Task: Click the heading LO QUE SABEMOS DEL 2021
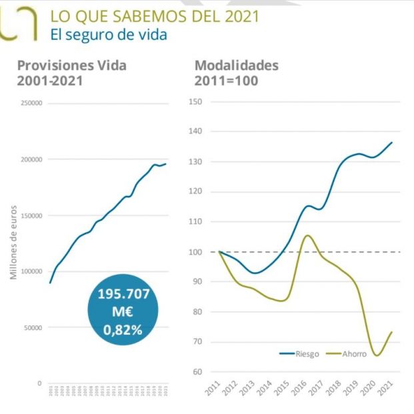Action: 155,15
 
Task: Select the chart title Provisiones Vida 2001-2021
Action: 71,73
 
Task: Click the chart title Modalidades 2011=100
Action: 236,73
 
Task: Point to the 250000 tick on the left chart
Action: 31,103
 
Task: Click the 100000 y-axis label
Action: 31,271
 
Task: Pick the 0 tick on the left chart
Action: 39,383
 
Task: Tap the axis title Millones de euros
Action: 13,242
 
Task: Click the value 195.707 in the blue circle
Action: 125,293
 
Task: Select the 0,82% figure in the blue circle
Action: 125,329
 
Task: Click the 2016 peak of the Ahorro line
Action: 308,235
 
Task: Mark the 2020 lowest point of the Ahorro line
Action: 377,355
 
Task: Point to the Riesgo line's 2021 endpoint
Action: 391,142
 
